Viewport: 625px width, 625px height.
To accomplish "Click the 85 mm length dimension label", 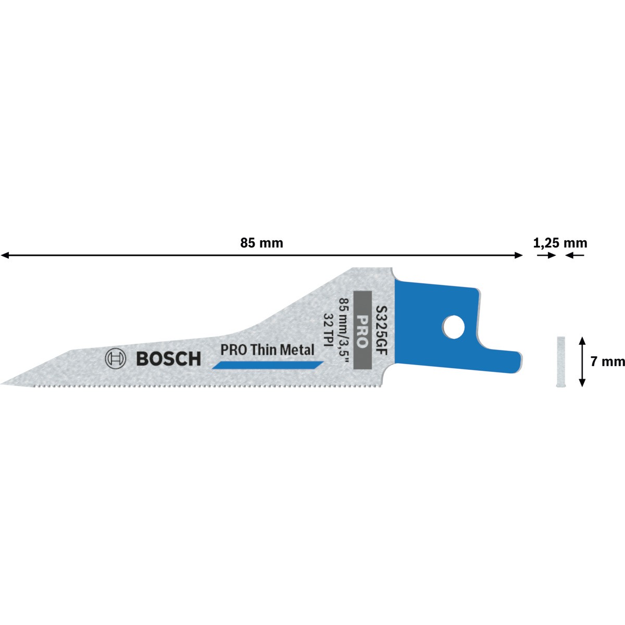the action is click(261, 243).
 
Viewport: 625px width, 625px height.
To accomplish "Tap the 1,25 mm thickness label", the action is click(560, 243).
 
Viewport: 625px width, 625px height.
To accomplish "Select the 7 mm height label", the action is click(607, 361).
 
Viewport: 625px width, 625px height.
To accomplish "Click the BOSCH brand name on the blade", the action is click(169, 359).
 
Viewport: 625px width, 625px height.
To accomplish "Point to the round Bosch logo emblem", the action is click(115, 359).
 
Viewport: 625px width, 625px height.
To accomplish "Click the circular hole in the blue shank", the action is click(454, 327).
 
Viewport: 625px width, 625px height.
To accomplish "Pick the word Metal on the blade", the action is click(297, 350).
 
